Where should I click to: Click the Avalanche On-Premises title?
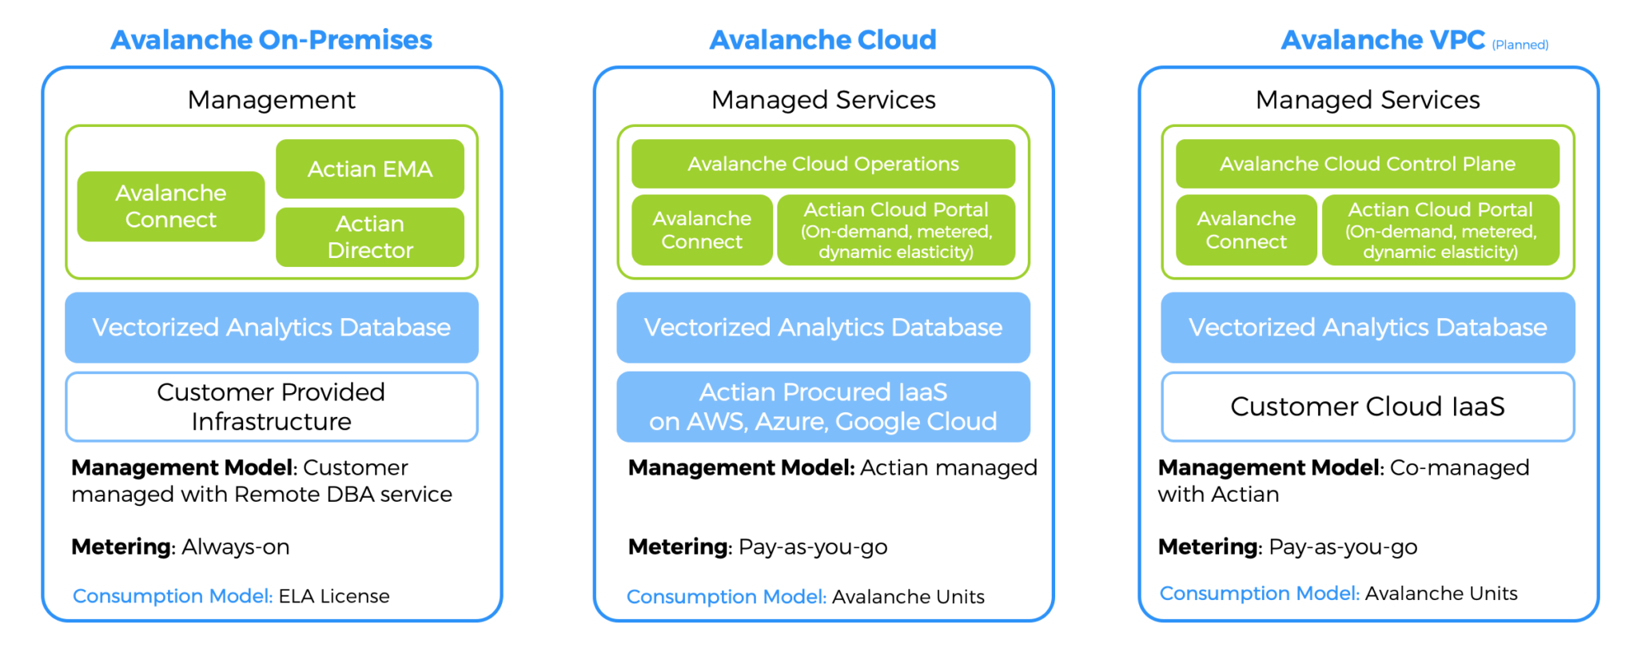click(271, 40)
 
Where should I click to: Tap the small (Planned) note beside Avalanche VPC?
click(1520, 45)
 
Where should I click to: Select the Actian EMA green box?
click(370, 169)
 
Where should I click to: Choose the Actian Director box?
click(370, 237)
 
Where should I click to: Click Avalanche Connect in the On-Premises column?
click(170, 206)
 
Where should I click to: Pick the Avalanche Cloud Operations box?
click(822, 164)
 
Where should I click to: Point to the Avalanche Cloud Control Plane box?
click(1367, 164)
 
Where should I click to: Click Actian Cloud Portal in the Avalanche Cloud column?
click(895, 230)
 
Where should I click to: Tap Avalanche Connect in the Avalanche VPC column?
click(1245, 230)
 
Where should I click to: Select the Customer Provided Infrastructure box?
click(271, 407)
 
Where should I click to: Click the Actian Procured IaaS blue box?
click(822, 407)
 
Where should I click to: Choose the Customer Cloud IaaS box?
click(1367, 407)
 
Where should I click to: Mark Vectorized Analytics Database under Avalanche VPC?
click(1367, 328)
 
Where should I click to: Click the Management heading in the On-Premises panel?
click(271, 100)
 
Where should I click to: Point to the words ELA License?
click(333, 596)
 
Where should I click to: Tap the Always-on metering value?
click(235, 547)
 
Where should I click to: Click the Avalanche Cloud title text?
click(822, 40)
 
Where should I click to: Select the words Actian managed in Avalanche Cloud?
click(948, 467)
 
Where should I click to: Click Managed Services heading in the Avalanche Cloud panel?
click(822, 100)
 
